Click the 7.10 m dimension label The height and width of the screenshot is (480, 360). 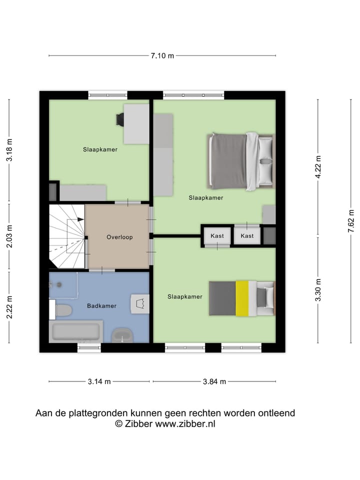pyautogui.click(x=162, y=55)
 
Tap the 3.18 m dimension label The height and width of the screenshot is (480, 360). pyautogui.click(x=9, y=149)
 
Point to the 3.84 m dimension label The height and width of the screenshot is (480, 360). pyautogui.click(x=214, y=381)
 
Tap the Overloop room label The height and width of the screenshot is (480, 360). pyautogui.click(x=119, y=237)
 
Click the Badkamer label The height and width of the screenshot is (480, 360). pyautogui.click(x=101, y=305)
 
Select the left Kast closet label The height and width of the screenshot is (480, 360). pyautogui.click(x=217, y=235)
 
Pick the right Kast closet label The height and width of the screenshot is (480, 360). pyautogui.click(x=247, y=235)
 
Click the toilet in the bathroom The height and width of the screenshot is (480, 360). pyautogui.click(x=61, y=310)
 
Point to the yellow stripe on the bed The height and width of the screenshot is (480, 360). pyautogui.click(x=242, y=298)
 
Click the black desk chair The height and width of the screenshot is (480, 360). pyautogui.click(x=120, y=119)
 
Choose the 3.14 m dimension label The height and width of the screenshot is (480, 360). pyautogui.click(x=99, y=381)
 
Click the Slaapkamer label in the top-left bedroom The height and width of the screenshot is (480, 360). pyautogui.click(x=100, y=149)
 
